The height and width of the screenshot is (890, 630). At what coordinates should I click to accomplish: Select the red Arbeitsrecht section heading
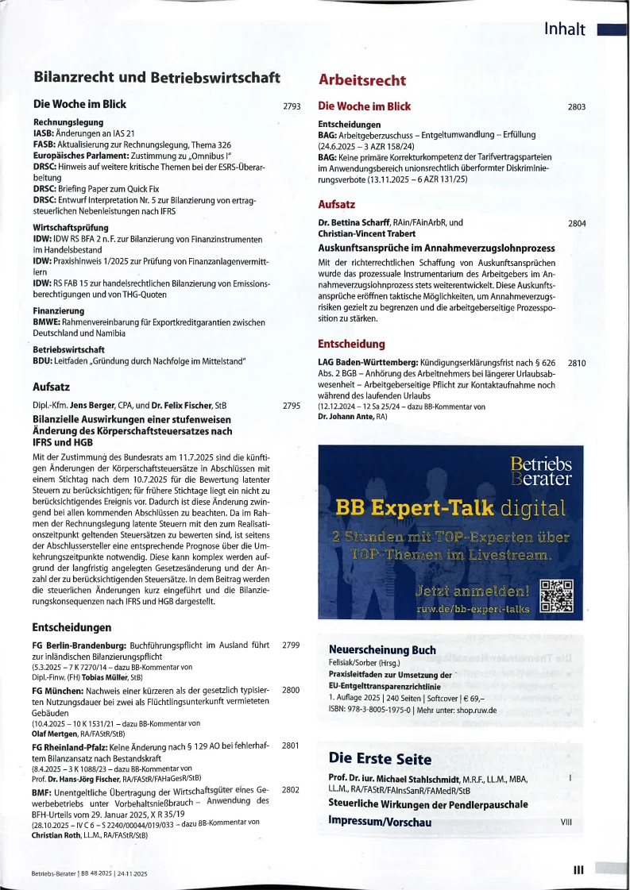tap(361, 80)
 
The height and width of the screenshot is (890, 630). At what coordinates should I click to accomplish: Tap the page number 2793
tap(291, 106)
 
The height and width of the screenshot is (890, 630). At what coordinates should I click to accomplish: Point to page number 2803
tap(577, 106)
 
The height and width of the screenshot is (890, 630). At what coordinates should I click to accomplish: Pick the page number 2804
tap(577, 224)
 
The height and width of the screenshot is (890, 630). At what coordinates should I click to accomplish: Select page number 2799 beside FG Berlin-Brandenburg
tap(291, 645)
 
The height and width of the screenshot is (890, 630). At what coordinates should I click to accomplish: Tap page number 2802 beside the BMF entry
tap(291, 790)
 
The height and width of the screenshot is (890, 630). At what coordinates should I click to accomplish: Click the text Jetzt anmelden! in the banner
tap(472, 591)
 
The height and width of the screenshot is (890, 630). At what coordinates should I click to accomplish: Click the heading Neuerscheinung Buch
tap(381, 650)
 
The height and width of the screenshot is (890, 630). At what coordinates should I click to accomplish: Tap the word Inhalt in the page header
tap(565, 30)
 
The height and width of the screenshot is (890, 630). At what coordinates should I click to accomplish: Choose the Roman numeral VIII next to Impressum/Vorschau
tap(566, 822)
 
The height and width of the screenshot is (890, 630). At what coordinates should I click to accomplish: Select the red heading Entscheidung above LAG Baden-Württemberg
tap(351, 345)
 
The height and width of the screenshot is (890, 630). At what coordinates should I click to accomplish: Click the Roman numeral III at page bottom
tap(578, 870)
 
